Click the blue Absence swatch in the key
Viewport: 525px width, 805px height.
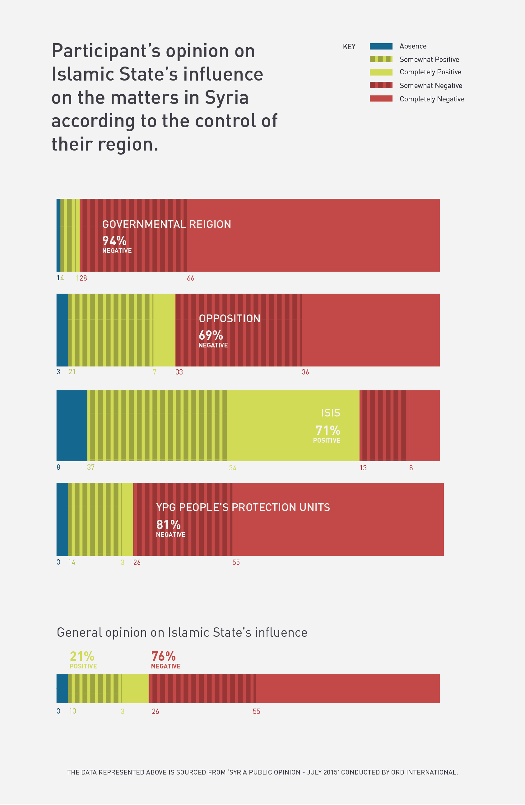click(381, 46)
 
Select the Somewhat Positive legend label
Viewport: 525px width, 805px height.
click(429, 59)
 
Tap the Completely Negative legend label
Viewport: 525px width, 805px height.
click(432, 99)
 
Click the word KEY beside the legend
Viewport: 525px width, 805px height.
click(349, 47)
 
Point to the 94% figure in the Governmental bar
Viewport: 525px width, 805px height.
click(114, 241)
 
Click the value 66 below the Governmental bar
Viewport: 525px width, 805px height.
click(190, 278)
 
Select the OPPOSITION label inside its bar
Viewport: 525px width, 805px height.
click(229, 319)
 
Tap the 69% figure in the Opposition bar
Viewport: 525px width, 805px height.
click(211, 335)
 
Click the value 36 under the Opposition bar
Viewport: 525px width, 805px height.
click(305, 372)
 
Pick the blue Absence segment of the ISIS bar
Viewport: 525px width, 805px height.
click(72, 426)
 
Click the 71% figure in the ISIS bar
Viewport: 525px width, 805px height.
click(328, 430)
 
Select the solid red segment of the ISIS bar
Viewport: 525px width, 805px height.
click(425, 426)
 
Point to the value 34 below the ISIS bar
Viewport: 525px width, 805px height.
click(232, 468)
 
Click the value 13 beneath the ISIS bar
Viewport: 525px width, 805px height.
click(363, 468)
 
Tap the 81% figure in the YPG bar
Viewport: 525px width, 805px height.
click(169, 525)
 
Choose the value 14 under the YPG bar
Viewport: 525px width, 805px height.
click(72, 562)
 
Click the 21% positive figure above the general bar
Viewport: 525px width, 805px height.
click(82, 656)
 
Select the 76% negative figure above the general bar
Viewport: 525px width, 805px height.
click(163, 656)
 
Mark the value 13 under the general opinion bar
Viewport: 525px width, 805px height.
click(72, 711)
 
